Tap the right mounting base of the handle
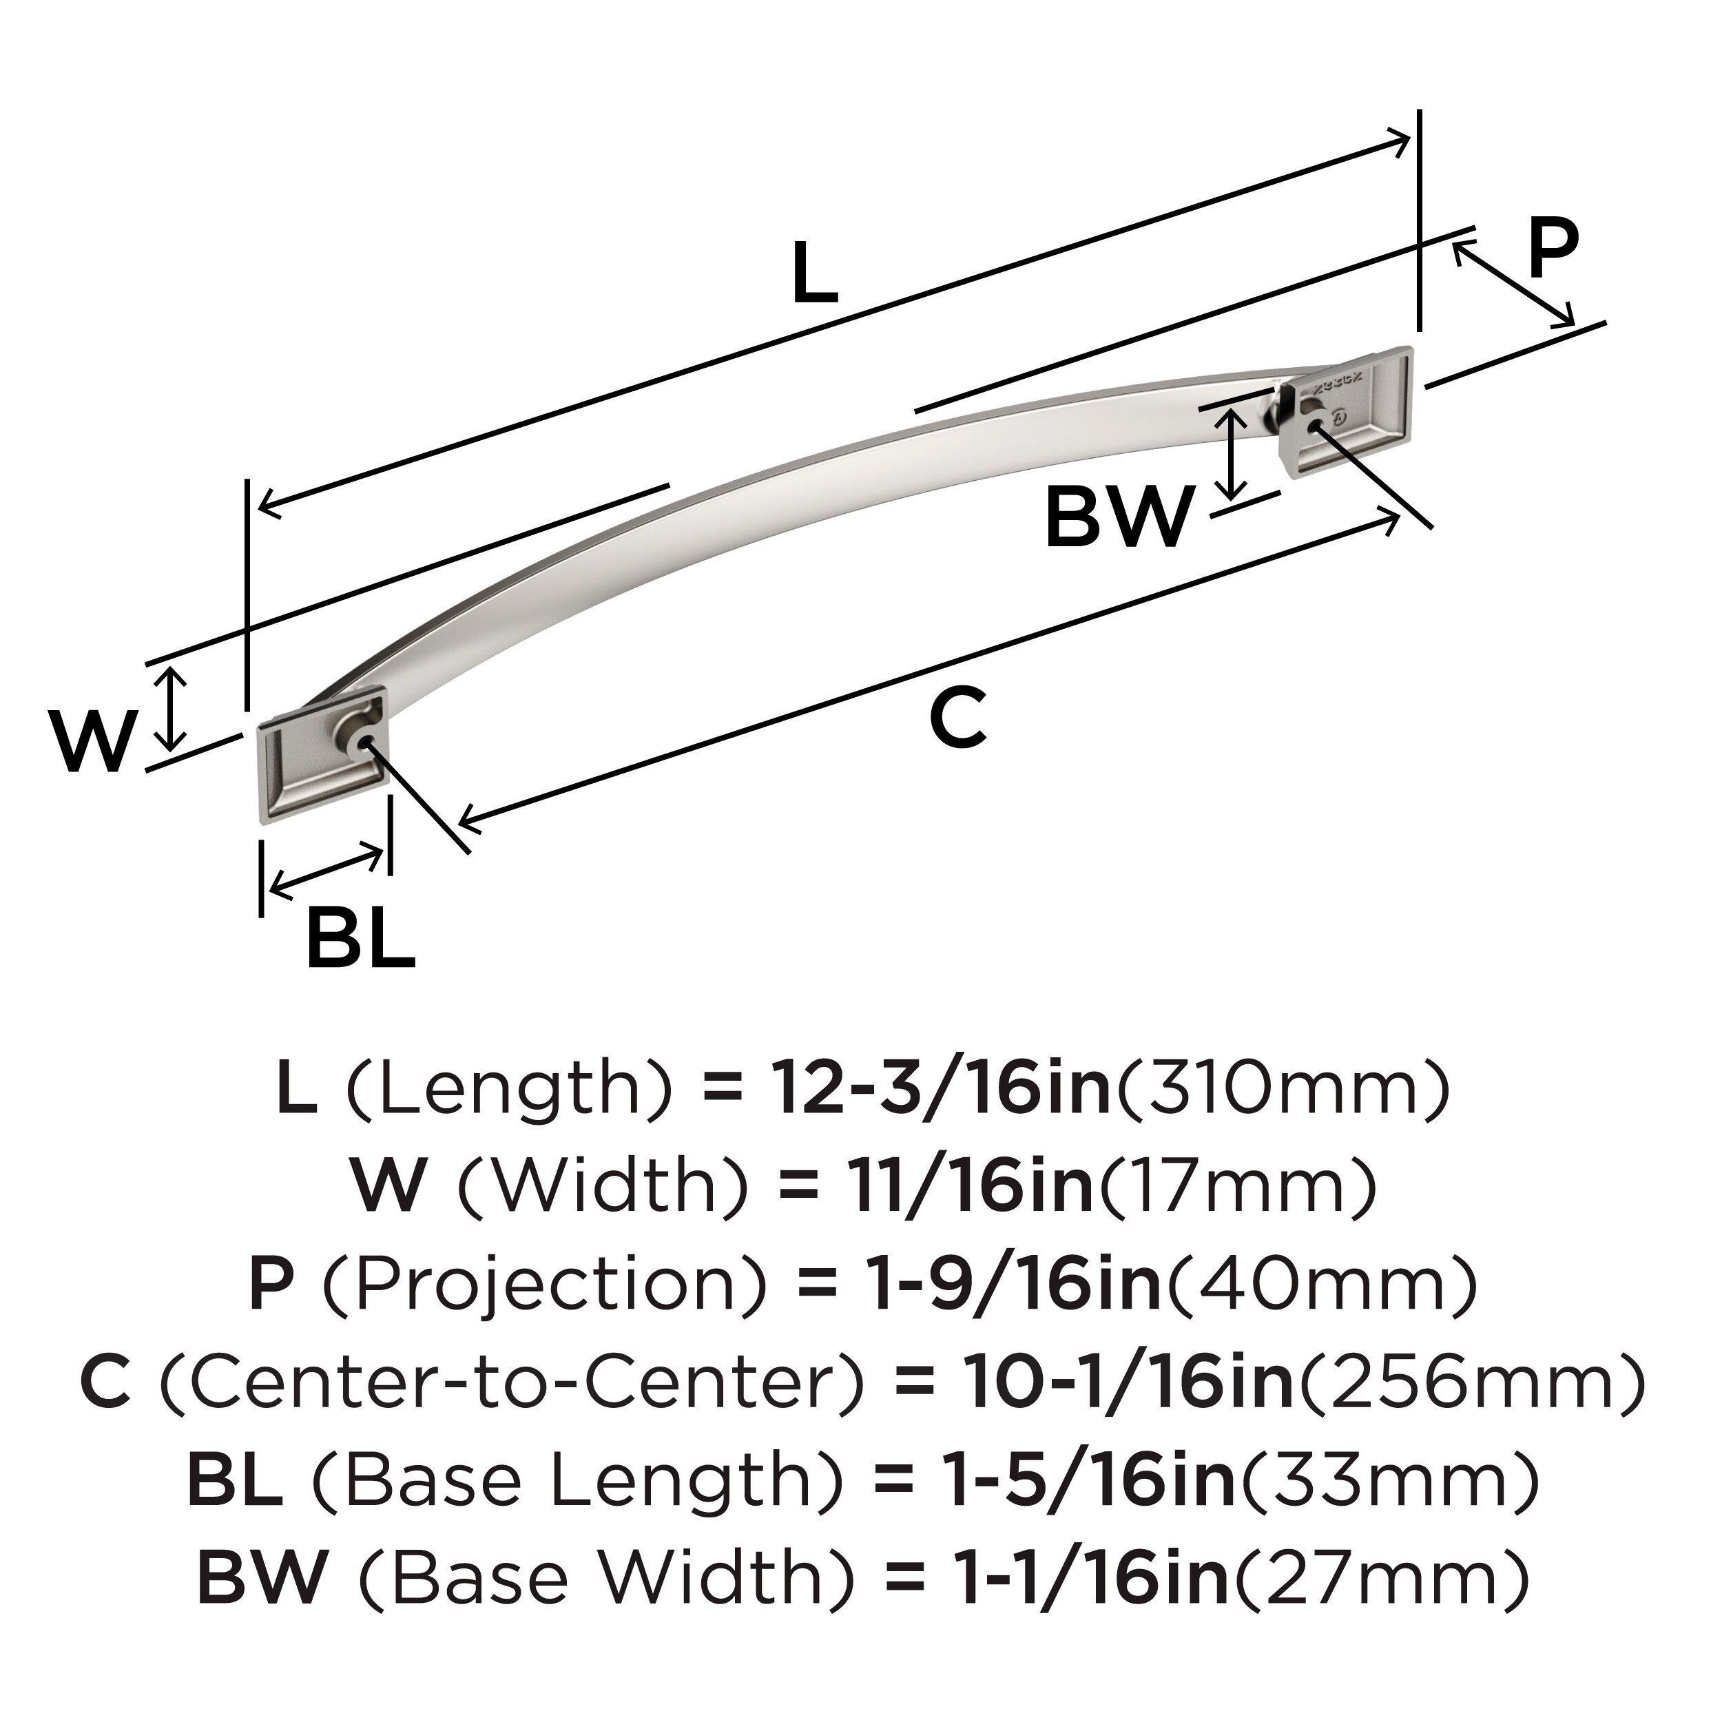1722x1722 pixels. click(x=1346, y=412)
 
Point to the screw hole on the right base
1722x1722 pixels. click(x=1313, y=426)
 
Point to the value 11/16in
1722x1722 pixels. click(x=971, y=1186)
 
